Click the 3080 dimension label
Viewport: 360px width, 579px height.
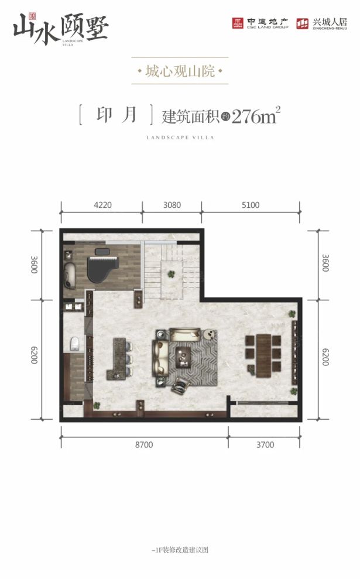click(x=172, y=205)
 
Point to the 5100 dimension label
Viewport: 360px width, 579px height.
click(x=250, y=205)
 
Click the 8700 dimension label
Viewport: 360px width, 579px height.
click(x=143, y=445)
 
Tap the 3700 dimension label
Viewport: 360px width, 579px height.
click(x=265, y=445)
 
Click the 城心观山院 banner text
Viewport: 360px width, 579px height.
click(x=180, y=73)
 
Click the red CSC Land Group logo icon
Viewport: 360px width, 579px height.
click(x=237, y=23)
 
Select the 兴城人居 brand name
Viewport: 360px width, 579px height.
click(x=330, y=22)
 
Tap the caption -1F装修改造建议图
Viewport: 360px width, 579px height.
click(x=180, y=550)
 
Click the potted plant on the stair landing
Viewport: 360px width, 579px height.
click(x=172, y=273)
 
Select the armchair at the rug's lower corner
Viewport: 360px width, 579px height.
click(x=181, y=383)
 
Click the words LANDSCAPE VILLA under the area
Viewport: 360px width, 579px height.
click(x=180, y=138)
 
